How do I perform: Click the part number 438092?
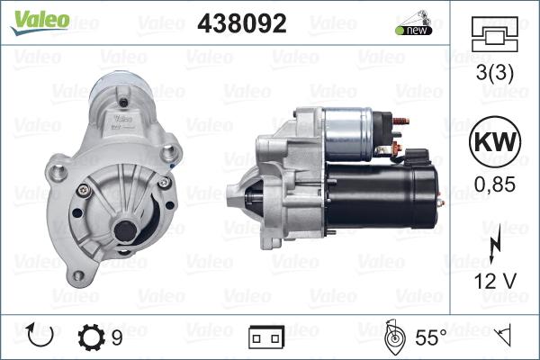[x=241, y=23]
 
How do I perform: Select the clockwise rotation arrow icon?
[x=41, y=337]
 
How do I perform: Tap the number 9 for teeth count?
[x=117, y=337]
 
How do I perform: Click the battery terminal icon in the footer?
[x=265, y=337]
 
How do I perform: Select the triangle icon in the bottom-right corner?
[x=505, y=337]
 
